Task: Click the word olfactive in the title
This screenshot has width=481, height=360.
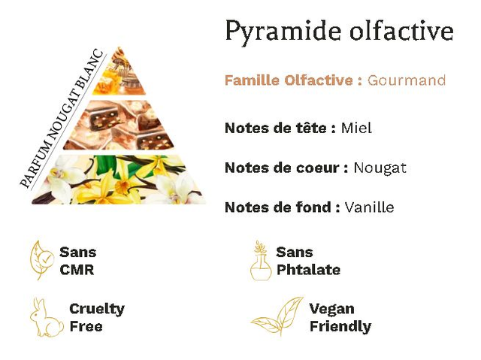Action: coord(401,30)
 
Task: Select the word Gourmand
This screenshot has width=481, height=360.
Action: coord(407,80)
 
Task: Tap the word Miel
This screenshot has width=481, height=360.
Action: coord(356,128)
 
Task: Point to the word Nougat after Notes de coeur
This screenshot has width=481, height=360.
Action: coord(380,168)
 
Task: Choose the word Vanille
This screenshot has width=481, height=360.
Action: coord(369,207)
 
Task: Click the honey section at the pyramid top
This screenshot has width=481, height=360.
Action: coord(119,72)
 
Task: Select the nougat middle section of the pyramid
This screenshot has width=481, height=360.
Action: coord(119,125)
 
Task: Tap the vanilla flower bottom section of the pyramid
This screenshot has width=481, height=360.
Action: coord(119,180)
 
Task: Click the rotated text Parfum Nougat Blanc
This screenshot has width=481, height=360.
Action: coord(62,119)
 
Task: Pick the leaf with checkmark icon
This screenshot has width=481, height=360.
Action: coord(42,260)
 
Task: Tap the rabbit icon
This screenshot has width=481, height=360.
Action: coord(47,317)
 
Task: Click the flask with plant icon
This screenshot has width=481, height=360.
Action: coord(261,261)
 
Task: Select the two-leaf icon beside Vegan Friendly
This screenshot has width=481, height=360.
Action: coord(277,316)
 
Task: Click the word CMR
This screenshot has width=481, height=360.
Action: coord(77,270)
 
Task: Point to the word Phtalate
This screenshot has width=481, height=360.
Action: coord(308,270)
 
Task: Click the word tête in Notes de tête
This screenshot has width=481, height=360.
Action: coord(313,128)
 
